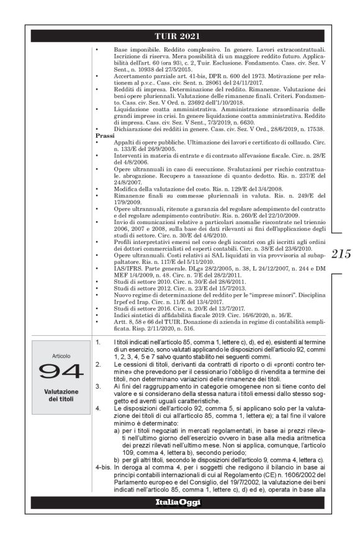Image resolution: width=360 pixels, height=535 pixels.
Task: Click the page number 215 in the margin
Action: [341, 253]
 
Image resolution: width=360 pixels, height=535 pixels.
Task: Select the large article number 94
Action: [60, 371]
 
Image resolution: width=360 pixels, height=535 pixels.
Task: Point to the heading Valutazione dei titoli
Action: [60, 395]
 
